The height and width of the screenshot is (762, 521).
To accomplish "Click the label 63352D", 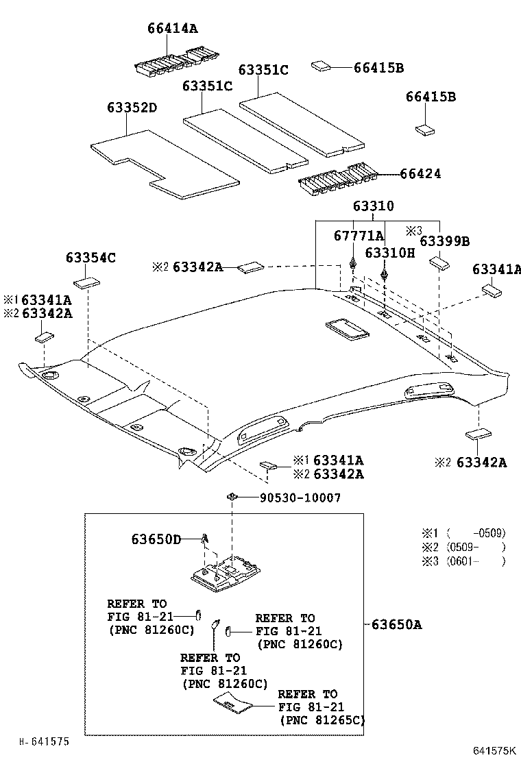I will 132,108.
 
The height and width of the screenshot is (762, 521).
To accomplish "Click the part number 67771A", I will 359,236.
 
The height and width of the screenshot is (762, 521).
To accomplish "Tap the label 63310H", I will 389,253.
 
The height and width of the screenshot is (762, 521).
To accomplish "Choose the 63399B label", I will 444,241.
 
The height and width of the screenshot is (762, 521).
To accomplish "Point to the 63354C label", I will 90,258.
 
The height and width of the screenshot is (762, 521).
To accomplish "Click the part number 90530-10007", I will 300,498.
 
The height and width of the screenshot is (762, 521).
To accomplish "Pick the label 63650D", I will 156,539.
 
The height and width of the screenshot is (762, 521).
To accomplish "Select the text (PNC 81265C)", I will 322,720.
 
